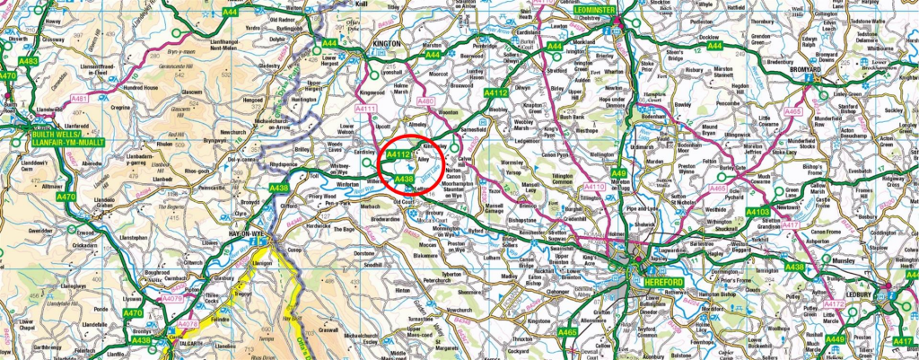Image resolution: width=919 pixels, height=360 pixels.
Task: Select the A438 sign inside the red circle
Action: pyautogui.click(x=404, y=180)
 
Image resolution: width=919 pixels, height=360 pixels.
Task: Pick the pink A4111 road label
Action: pyautogui.click(x=365, y=109)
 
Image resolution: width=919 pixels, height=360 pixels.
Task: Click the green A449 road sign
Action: pyautogui.click(x=836, y=338)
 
